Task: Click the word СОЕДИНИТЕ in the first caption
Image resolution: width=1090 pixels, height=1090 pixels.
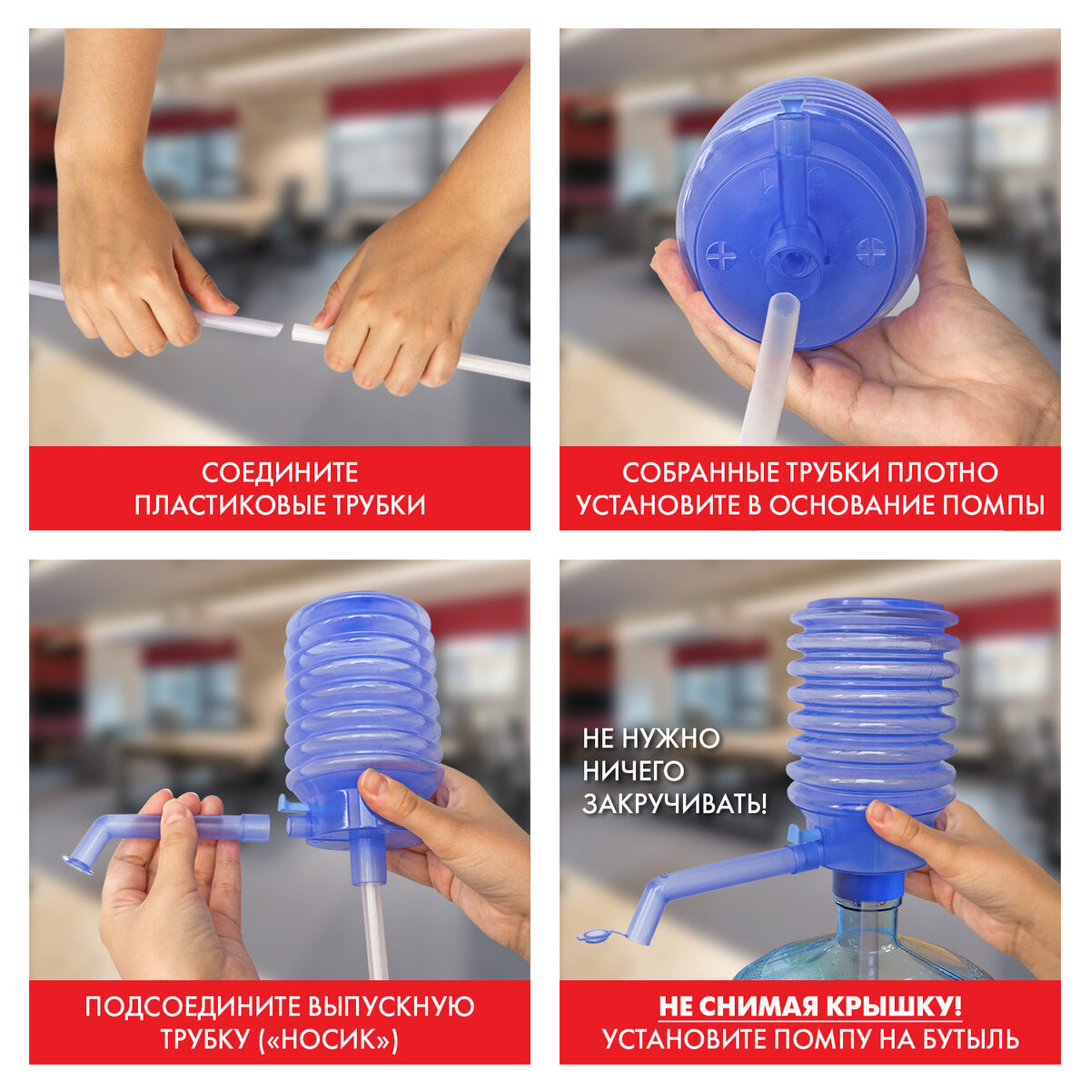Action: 280,472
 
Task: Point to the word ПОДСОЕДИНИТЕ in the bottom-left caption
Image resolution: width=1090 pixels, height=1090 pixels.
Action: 193,1006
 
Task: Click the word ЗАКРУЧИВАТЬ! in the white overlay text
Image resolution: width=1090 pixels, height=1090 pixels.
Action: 674,804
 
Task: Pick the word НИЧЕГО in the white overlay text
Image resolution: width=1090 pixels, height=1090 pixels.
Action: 633,771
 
